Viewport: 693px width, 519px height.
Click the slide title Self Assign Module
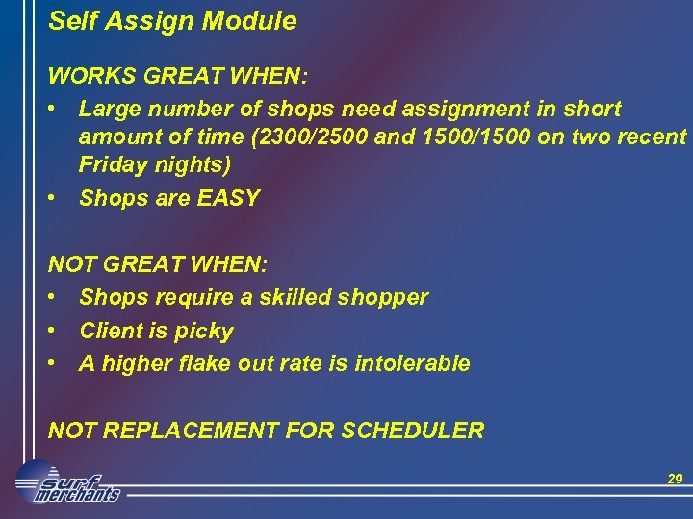[172, 21]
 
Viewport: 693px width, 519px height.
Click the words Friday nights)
[155, 166]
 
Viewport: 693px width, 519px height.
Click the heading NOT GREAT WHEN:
[159, 263]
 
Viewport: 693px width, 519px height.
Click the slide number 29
[675, 479]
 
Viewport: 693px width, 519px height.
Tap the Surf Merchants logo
[67, 483]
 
